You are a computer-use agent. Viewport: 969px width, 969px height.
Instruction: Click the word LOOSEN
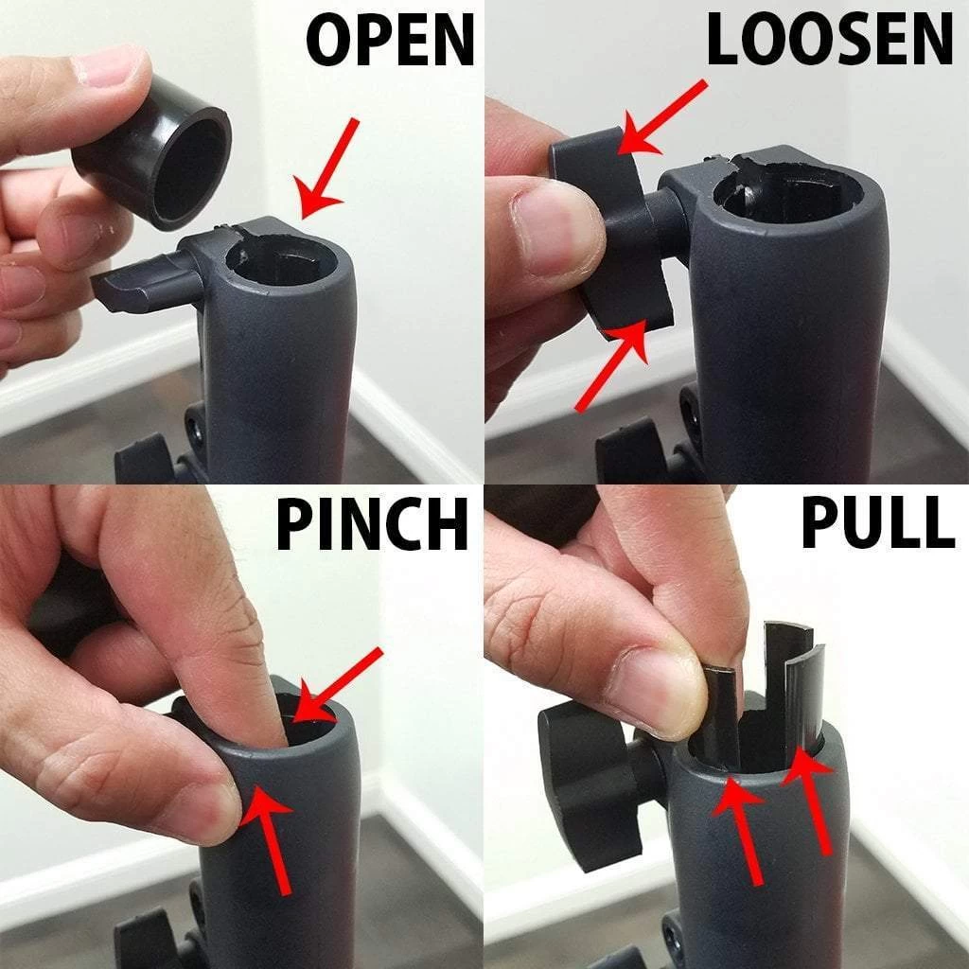[x=829, y=38]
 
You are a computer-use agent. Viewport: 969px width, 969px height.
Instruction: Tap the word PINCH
[x=372, y=524]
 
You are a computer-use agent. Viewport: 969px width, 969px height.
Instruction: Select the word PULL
[x=877, y=521]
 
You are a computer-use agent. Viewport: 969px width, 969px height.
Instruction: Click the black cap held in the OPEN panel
[x=152, y=152]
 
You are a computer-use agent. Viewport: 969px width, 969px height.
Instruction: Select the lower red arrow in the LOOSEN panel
[x=612, y=364]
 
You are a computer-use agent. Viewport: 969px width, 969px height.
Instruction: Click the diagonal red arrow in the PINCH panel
[x=337, y=685]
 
